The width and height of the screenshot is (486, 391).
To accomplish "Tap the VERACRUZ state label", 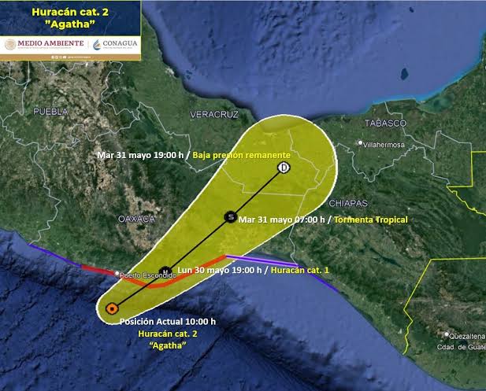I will click(x=213, y=115).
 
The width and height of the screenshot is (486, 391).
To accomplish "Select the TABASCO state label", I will click(x=385, y=124).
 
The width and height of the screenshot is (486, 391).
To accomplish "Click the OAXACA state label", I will click(x=135, y=218).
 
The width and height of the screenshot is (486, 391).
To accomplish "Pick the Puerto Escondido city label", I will click(x=147, y=276).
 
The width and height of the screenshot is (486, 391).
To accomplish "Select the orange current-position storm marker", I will click(x=112, y=308).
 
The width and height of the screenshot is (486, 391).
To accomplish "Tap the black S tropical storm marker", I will click(x=230, y=216).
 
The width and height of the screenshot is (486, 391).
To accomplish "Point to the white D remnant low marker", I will click(x=284, y=168).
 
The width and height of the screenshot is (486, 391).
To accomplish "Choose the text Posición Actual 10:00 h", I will click(x=167, y=322).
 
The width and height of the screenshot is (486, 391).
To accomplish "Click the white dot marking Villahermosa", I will click(x=360, y=143).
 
